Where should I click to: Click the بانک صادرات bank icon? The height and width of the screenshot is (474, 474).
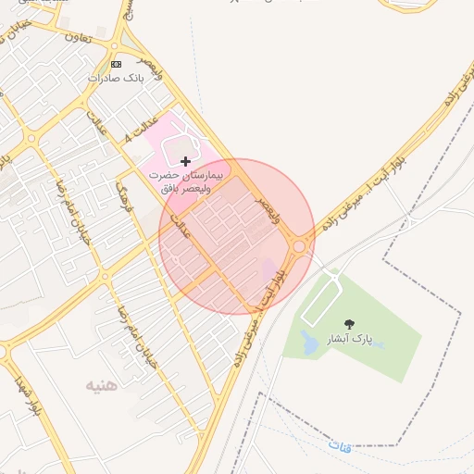116,64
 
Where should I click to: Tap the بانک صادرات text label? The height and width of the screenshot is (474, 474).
117,78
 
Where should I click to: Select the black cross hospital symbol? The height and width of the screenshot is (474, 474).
185,161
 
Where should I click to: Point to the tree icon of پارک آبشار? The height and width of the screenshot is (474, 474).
349,324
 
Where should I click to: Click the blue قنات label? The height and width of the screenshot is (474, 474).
340,446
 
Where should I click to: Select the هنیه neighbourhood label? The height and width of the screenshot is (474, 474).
102,384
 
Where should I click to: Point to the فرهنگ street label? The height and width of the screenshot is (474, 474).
123,197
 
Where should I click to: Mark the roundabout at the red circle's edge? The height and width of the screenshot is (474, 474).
299,246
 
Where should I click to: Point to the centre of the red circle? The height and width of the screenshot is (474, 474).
237,237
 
